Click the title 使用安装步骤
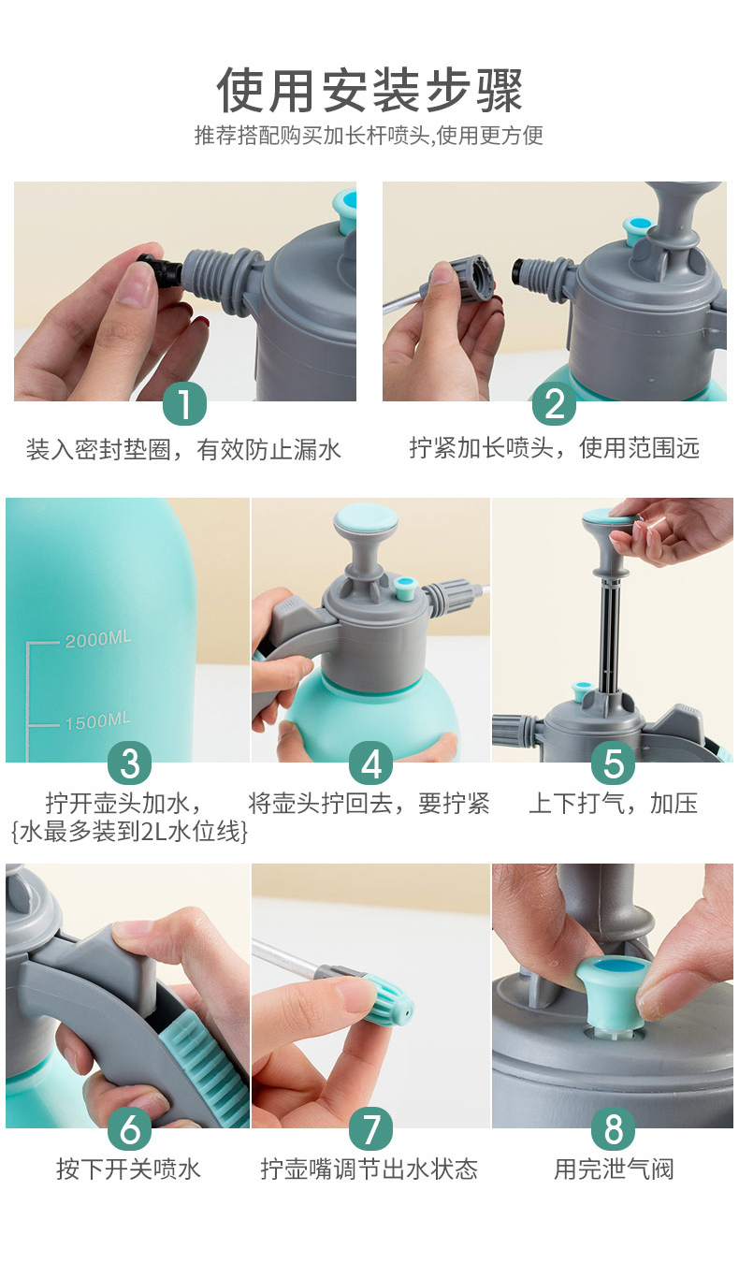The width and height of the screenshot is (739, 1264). pyautogui.click(x=369, y=90)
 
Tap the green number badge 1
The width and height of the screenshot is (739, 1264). pyautogui.click(x=184, y=404)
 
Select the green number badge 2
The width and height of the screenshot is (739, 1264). pyautogui.click(x=554, y=404)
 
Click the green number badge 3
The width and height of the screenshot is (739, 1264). pyautogui.click(x=129, y=763)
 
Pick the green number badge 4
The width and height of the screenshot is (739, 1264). pyautogui.click(x=371, y=763)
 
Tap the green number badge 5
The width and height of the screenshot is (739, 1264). pyautogui.click(x=613, y=763)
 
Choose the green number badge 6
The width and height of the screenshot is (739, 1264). pyautogui.click(x=129, y=1129)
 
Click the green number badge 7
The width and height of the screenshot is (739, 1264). pyautogui.click(x=371, y=1129)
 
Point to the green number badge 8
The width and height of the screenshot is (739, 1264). pyautogui.click(x=613, y=1129)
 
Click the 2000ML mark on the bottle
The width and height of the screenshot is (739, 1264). pyautogui.click(x=97, y=640)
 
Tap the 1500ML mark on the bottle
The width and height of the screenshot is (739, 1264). pyautogui.click(x=97, y=721)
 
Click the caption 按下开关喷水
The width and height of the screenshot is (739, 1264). pyautogui.click(x=128, y=1169)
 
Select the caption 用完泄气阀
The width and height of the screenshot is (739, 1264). pyautogui.click(x=613, y=1169)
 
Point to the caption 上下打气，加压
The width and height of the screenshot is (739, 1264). pyautogui.click(x=613, y=803)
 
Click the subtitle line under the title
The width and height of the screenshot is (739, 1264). pyautogui.click(x=369, y=136)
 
